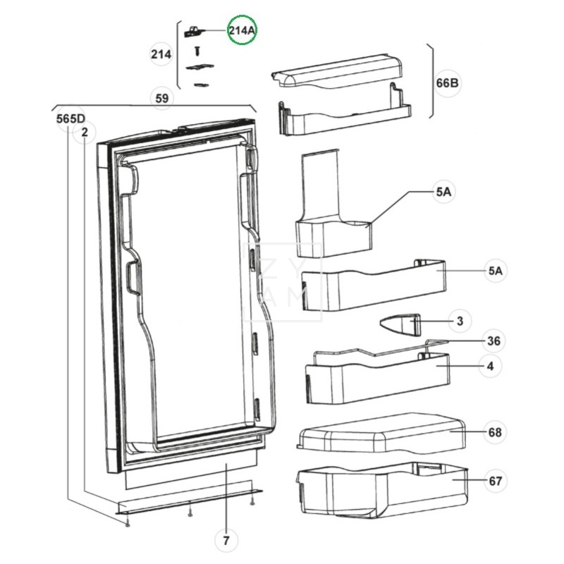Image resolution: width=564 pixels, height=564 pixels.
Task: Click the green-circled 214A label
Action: [243, 30]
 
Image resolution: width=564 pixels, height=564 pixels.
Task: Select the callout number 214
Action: [161, 54]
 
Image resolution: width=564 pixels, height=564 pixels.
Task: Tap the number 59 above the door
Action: [162, 98]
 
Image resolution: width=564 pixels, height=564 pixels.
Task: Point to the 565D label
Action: [70, 118]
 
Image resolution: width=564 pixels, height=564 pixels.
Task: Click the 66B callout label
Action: [448, 82]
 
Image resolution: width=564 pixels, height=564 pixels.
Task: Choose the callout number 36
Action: [494, 341]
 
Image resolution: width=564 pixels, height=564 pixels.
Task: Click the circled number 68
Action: [495, 432]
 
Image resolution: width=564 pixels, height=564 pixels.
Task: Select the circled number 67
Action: [495, 482]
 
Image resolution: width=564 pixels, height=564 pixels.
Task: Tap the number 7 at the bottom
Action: [226, 541]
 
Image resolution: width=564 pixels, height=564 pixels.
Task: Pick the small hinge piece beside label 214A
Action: [193, 31]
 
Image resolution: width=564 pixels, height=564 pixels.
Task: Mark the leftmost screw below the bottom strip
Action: [126, 523]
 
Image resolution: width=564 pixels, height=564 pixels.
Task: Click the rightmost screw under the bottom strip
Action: [252, 502]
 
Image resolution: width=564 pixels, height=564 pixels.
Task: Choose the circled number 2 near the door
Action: [85, 132]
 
